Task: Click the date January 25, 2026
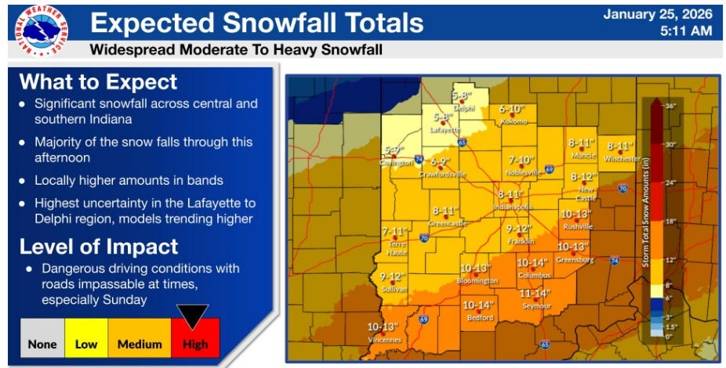tap(662, 13)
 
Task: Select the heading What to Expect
tap(98, 82)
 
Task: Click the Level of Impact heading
tap(99, 247)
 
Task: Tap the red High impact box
tap(195, 343)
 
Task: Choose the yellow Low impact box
tap(85, 343)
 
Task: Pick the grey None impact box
tap(42, 343)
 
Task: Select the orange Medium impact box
tap(140, 343)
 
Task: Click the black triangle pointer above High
tap(195, 315)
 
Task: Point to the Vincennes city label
tap(384, 339)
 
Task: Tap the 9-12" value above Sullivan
tap(394, 276)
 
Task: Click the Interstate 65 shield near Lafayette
tap(462, 143)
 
